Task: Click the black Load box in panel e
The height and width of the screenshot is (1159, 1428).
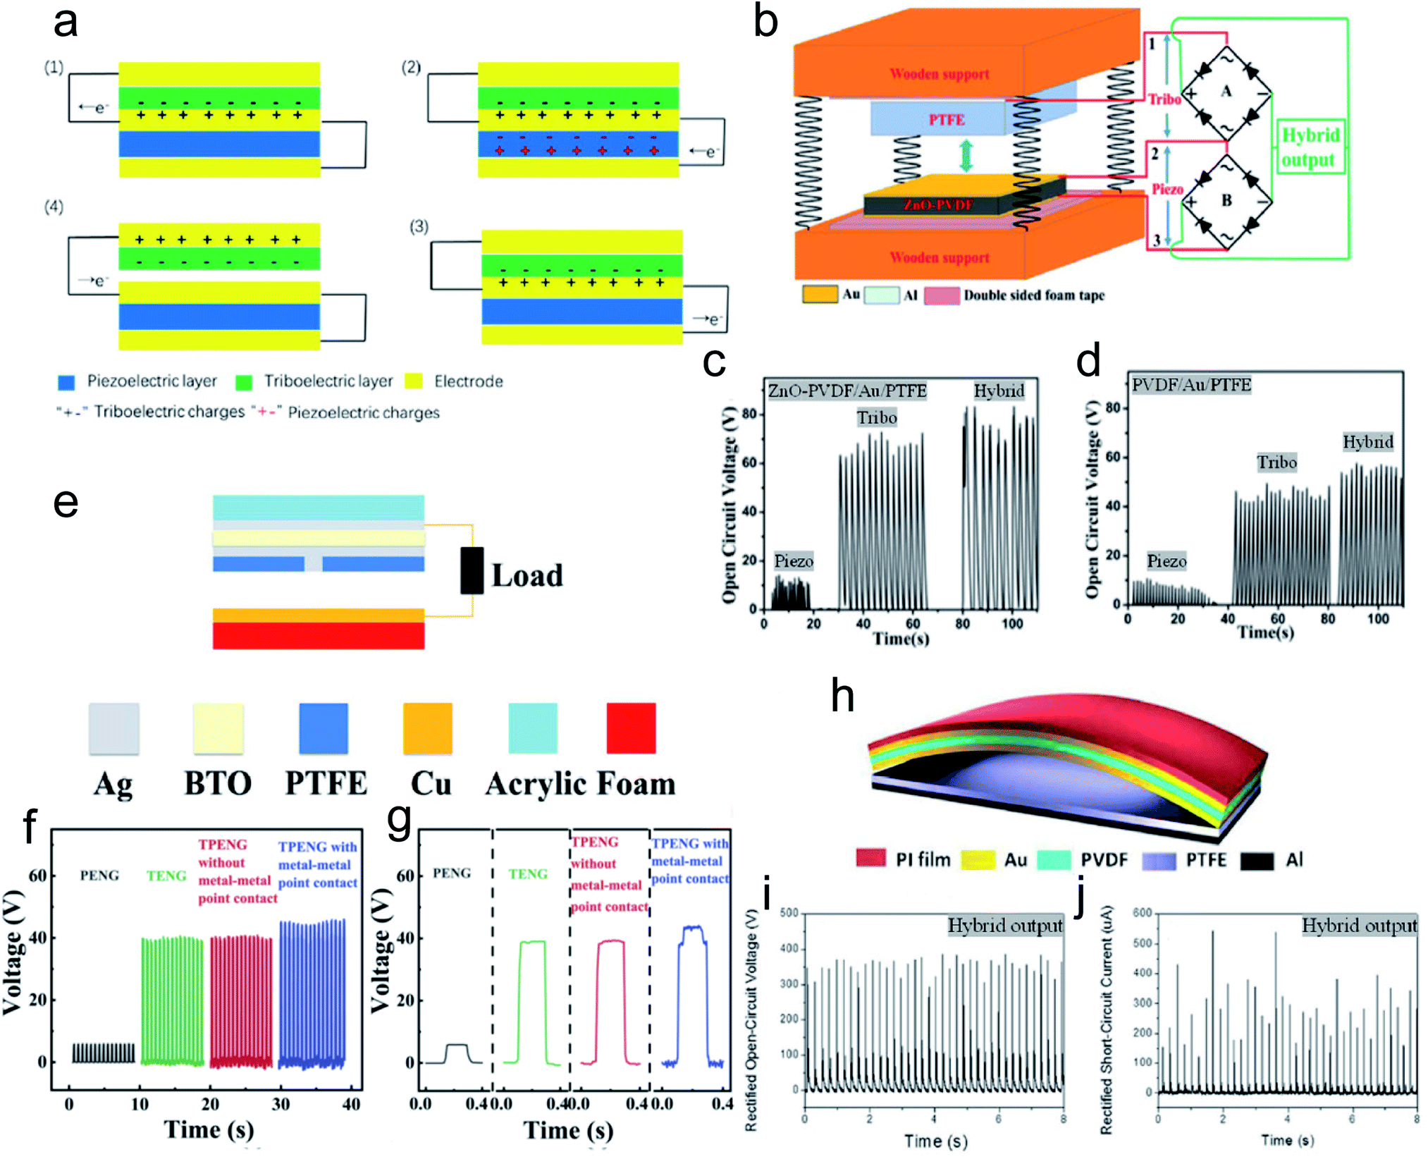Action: click(472, 570)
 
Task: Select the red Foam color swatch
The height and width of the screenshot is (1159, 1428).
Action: click(631, 728)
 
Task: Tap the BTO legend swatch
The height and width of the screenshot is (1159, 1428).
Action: click(218, 728)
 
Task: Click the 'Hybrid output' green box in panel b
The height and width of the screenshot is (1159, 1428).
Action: click(1310, 147)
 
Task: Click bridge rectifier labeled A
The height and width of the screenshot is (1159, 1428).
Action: click(1226, 92)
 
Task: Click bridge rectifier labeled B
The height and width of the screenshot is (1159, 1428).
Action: click(1226, 201)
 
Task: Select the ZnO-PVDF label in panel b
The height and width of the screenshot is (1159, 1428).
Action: click(938, 205)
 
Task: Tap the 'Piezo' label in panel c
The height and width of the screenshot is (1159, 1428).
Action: click(794, 561)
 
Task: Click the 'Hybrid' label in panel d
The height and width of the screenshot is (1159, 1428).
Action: click(1367, 442)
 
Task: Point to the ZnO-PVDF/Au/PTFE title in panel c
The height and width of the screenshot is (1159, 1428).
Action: click(847, 391)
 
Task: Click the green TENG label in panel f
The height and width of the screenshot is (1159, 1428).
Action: click(166, 876)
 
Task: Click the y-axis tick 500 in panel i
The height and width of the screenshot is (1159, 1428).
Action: click(789, 913)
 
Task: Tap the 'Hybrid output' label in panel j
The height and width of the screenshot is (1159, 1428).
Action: click(1358, 926)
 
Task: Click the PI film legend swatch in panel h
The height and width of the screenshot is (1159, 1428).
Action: click(871, 859)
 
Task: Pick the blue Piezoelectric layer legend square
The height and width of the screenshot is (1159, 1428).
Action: click(66, 382)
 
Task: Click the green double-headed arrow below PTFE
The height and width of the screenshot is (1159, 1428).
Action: click(966, 156)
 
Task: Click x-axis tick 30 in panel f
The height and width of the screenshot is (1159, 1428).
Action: click(281, 1104)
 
